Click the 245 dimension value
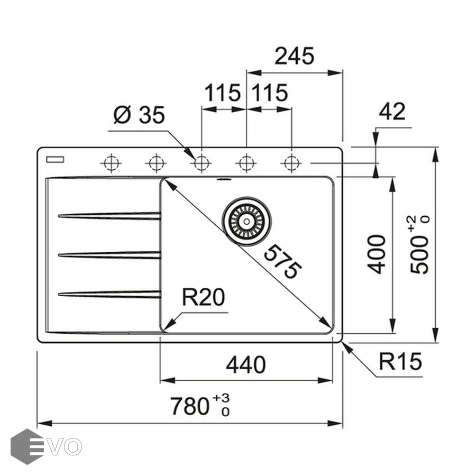point(295,56)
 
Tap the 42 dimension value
point(392,112)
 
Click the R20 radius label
point(203,298)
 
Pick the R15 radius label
point(400,362)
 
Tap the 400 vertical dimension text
point(377,254)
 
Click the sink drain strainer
point(246,221)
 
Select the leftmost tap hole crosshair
point(110,163)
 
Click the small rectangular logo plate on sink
point(55,158)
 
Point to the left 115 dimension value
point(223,94)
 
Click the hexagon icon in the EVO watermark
point(26,446)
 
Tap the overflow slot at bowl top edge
point(224,180)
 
